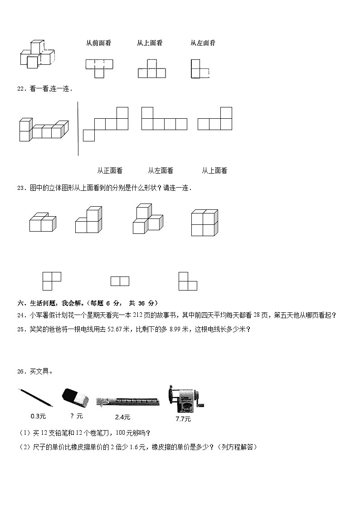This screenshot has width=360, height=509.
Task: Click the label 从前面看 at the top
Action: [x=98, y=43]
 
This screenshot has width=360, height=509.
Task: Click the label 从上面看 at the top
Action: [x=150, y=43]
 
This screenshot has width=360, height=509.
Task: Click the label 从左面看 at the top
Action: [x=203, y=43]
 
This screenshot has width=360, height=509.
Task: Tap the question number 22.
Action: [x=21, y=89]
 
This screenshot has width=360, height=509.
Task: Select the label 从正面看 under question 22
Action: [x=110, y=171]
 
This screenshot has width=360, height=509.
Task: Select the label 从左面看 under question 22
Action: [x=161, y=171]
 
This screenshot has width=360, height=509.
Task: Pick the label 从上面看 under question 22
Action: [x=214, y=171]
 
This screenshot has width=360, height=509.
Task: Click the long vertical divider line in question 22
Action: [x=78, y=129]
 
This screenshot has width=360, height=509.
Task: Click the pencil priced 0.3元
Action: [x=35, y=397]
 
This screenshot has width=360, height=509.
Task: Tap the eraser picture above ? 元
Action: [x=73, y=398]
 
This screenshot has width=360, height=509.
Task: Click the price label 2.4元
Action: [x=122, y=417]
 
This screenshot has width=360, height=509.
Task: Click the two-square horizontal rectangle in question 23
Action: [x=120, y=281]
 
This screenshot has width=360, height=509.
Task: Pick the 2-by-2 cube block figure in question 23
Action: [x=204, y=223]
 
